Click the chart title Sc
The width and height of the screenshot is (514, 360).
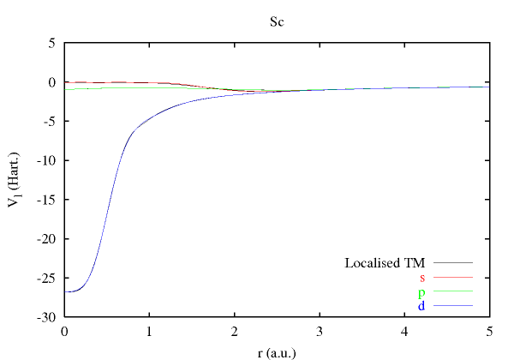click(x=277, y=21)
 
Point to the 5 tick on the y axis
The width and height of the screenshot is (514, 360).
click(x=52, y=43)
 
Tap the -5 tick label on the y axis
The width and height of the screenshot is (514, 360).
click(x=50, y=121)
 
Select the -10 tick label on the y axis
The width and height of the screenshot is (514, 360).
click(x=47, y=160)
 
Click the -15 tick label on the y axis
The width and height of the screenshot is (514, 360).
click(x=47, y=200)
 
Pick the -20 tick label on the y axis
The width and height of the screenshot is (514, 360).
click(x=47, y=238)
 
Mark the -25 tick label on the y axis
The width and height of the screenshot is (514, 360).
click(x=47, y=278)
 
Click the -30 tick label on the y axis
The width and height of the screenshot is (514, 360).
click(x=47, y=317)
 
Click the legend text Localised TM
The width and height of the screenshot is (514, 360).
click(x=385, y=263)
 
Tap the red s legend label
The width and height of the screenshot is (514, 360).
click(x=422, y=278)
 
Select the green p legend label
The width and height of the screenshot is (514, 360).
click(x=421, y=292)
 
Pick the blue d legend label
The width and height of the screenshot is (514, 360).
click(x=421, y=306)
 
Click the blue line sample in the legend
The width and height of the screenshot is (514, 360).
click(x=453, y=306)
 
